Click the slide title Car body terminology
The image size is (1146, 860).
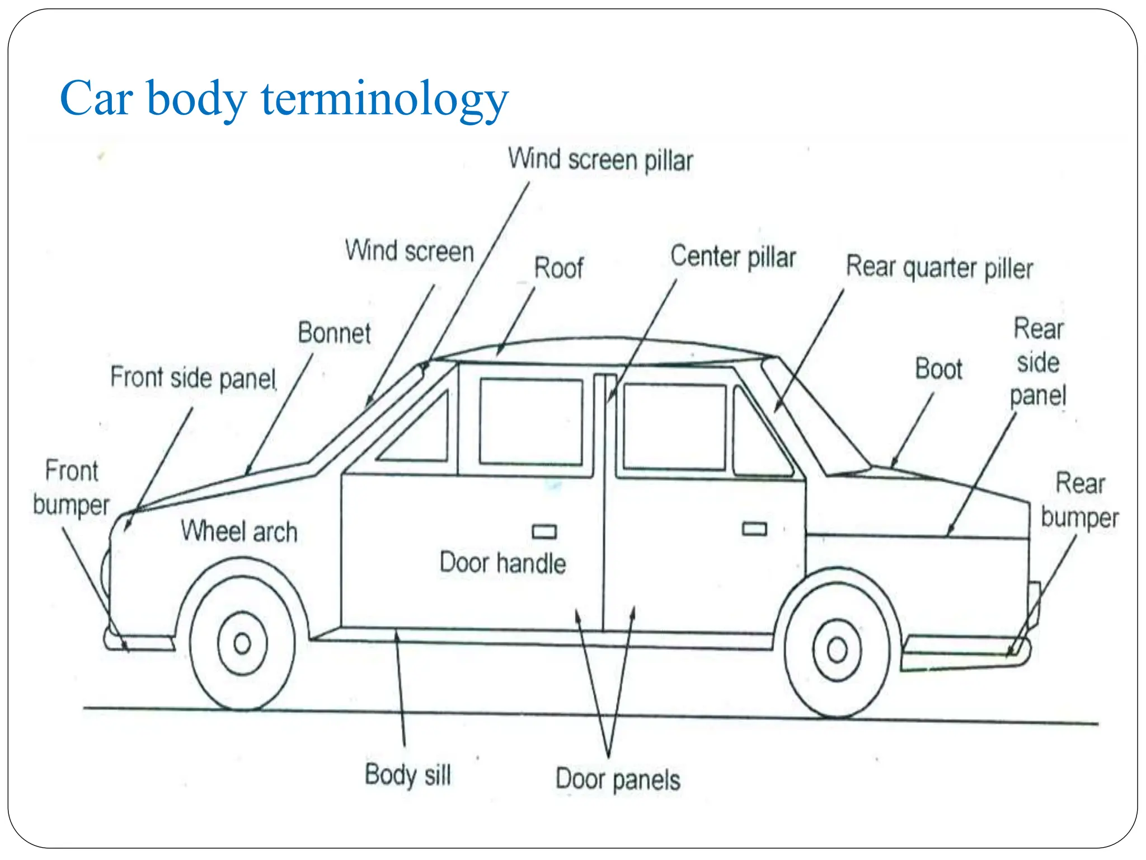284,99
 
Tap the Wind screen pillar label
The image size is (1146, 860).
600,160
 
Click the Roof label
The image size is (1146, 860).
558,268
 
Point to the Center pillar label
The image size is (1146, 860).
733,257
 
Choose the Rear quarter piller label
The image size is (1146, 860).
939,268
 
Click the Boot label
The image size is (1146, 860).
938,369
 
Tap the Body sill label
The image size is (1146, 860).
407,775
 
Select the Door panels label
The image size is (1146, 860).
618,779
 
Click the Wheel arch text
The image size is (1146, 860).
239,531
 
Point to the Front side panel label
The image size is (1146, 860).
193,378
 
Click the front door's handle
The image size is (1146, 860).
544,531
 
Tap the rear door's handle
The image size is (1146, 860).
754,529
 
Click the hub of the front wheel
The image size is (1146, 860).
242,643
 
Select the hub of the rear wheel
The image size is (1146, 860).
837,650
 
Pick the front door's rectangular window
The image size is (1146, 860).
530,422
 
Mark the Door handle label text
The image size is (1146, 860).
502,563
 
